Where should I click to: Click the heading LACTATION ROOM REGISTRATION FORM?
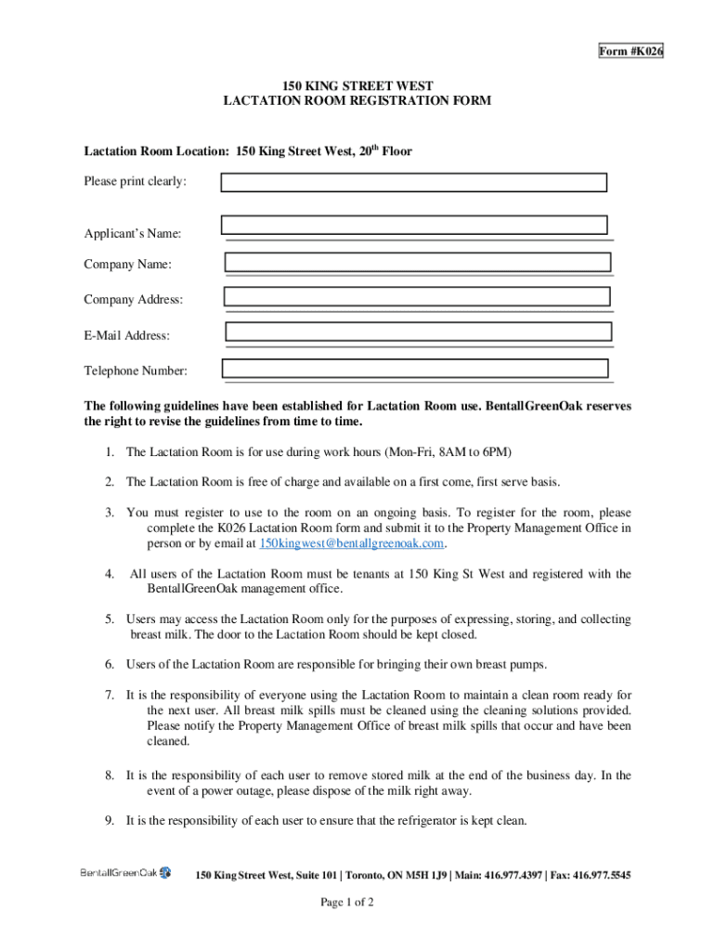[x=357, y=100]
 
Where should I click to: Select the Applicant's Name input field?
[x=414, y=225]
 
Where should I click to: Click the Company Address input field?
[x=417, y=296]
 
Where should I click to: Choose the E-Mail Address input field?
[x=419, y=332]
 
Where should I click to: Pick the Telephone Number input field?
[x=415, y=369]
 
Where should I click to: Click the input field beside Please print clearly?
[x=414, y=182]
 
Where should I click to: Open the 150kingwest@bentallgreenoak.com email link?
[x=352, y=543]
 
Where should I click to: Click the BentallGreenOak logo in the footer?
[x=125, y=873]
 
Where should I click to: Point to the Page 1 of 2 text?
[x=347, y=902]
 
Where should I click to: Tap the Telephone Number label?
[x=136, y=371]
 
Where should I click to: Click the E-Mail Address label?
[x=126, y=335]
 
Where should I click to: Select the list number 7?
[x=109, y=695]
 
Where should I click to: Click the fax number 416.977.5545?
[x=604, y=875]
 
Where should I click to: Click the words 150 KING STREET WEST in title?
[x=357, y=84]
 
